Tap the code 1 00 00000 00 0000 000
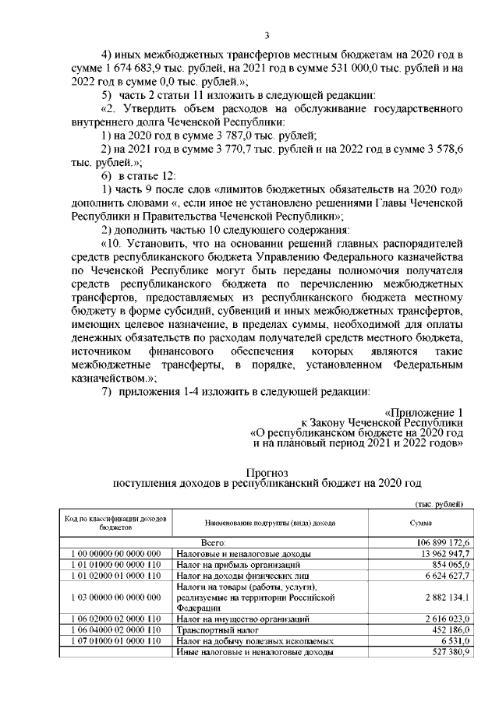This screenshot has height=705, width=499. pos(115,552)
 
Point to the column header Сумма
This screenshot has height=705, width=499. pos(421,523)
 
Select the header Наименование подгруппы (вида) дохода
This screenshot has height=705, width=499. pos(265,523)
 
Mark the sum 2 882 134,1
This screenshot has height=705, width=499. pos(443,596)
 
